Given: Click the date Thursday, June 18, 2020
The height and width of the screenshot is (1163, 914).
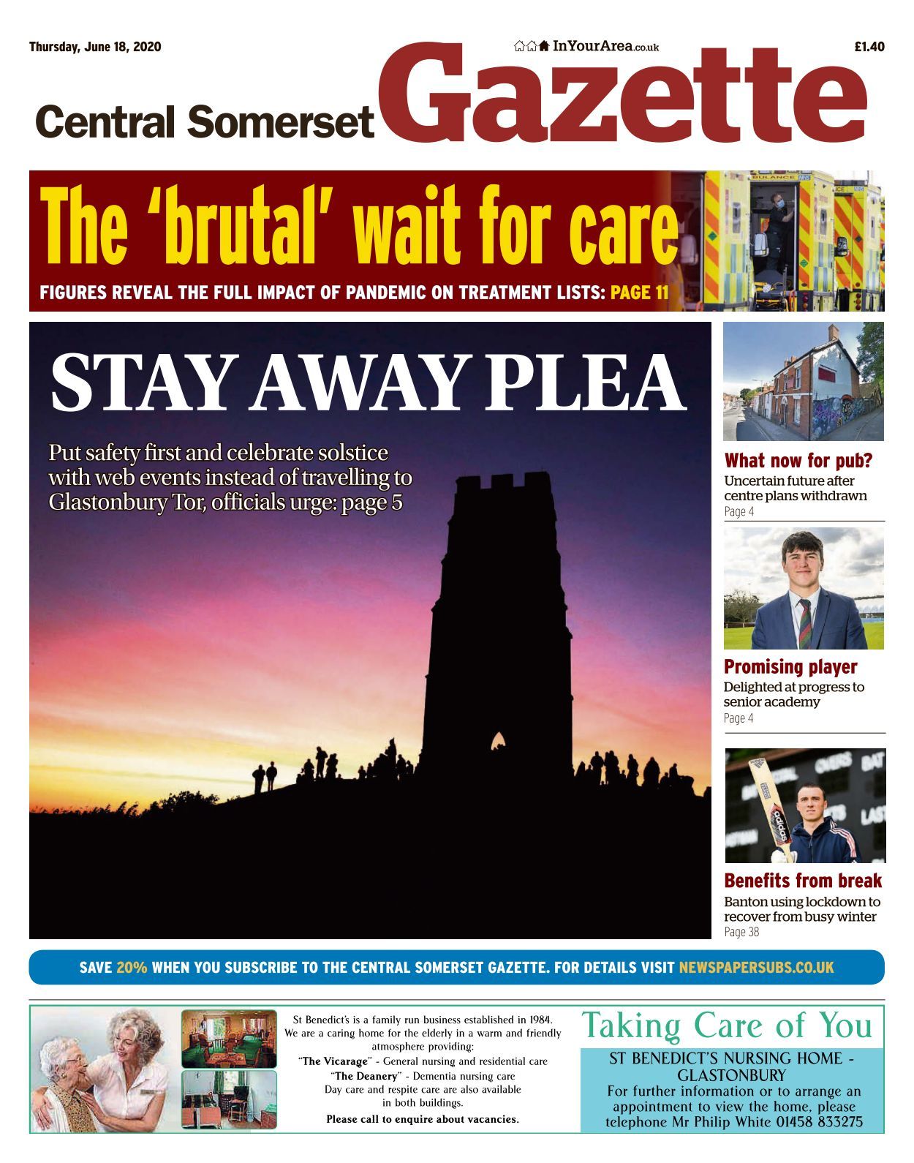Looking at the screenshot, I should (95, 48).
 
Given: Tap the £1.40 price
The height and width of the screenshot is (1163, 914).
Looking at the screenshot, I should (869, 48).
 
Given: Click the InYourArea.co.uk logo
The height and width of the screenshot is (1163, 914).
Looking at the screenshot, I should (586, 47).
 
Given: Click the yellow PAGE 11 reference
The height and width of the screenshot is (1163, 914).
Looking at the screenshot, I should (639, 293).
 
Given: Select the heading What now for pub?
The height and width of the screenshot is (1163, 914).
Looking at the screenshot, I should (798, 461).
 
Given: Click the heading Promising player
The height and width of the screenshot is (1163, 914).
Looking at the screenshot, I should (790, 667).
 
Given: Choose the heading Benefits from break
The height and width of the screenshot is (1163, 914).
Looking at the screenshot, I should (803, 881).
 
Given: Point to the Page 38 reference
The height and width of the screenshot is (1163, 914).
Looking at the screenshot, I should (741, 932).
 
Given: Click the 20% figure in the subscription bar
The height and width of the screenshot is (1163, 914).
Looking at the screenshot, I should (132, 968).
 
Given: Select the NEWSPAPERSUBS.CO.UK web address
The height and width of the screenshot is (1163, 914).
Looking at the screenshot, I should (756, 968).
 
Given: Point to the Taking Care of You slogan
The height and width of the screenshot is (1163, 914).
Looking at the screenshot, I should (727, 1025).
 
